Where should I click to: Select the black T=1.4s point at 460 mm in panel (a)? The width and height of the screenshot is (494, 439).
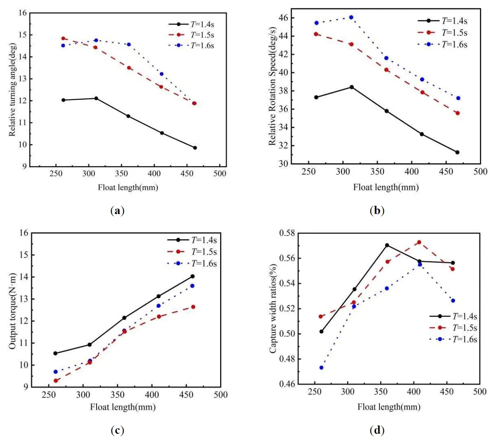pyautogui.click(x=195, y=148)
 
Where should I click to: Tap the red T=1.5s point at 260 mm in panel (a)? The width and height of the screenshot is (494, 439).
pyautogui.click(x=63, y=39)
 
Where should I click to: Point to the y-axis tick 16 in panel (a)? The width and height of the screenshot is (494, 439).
pyautogui.click(x=23, y=13)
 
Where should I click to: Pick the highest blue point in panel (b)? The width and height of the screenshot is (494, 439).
pyautogui.click(x=351, y=17)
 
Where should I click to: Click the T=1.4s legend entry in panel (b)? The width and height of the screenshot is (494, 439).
pyautogui.click(x=443, y=21)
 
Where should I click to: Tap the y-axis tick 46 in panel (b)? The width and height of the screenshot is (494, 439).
pyautogui.click(x=284, y=18)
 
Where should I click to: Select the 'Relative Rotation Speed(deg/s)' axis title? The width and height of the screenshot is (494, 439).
pyautogui.click(x=272, y=86)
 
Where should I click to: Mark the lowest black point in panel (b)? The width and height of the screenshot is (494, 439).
pyautogui.click(x=457, y=152)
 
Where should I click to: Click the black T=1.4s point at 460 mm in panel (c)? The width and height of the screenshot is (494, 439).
pyautogui.click(x=192, y=276)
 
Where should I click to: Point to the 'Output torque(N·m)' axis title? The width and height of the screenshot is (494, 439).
pyautogui.click(x=13, y=311)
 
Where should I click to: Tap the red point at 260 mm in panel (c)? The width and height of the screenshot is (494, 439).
pyautogui.click(x=56, y=381)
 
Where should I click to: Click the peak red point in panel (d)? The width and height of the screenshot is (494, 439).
pyautogui.click(x=419, y=242)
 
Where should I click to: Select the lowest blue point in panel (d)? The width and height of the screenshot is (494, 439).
pyautogui.click(x=321, y=367)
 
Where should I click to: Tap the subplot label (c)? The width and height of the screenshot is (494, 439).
pyautogui.click(x=117, y=430)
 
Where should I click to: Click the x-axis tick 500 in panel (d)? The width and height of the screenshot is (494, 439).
pyautogui.click(x=480, y=392)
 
